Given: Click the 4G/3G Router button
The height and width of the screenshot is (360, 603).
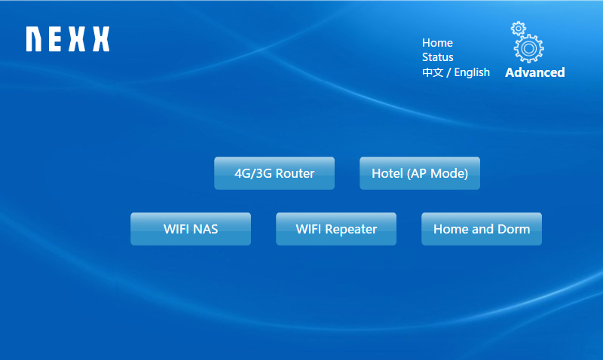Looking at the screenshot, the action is [x=274, y=173].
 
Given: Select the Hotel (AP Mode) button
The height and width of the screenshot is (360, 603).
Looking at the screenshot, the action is [x=420, y=173].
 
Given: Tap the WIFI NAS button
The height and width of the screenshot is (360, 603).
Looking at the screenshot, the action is [x=191, y=229].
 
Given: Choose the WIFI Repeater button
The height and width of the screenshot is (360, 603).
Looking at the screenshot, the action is [x=336, y=229].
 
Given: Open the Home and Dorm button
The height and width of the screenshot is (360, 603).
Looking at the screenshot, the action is [x=482, y=229].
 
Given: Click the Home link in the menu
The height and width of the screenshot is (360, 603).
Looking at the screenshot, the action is [x=437, y=43].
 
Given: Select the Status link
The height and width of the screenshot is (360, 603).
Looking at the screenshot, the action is [x=438, y=57].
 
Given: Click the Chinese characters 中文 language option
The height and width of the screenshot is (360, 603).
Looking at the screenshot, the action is [x=433, y=72].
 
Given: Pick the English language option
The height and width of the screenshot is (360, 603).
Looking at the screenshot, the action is [x=472, y=72].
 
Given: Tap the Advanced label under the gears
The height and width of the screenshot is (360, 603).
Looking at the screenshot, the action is [x=535, y=72].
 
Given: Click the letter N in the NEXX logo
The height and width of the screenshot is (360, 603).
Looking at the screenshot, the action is [x=34, y=39].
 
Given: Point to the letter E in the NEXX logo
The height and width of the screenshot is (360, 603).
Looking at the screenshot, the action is [x=54, y=39].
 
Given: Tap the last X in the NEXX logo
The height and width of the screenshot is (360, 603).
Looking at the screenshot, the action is [x=101, y=39].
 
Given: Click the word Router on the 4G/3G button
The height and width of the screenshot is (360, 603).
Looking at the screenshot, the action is [x=295, y=173].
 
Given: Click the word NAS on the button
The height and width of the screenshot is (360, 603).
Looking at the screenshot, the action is [x=206, y=229].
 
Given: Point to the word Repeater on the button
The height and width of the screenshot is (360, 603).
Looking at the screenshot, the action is [x=350, y=230].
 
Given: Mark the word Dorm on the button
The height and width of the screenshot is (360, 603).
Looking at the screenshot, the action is [x=514, y=229].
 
